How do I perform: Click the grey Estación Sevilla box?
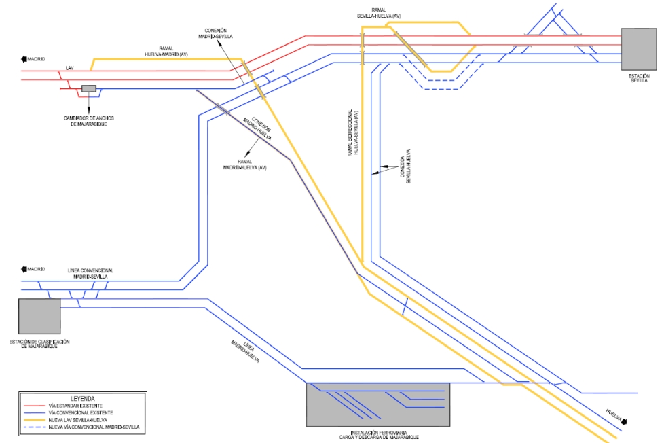pyautogui.click(x=639, y=49)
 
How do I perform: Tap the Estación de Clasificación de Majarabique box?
pyautogui.click(x=39, y=316)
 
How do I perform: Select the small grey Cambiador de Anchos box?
pyautogui.click(x=89, y=88)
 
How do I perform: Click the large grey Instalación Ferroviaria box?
pyautogui.click(x=377, y=404)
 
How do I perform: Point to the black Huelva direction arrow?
pyautogui.click(x=625, y=422)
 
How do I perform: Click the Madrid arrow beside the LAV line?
pyautogui.click(x=25, y=60)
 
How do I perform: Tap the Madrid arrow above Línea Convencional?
pyautogui.click(x=25, y=269)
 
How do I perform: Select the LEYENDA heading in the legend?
pyautogui.click(x=82, y=398)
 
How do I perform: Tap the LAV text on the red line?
pyautogui.click(x=69, y=68)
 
